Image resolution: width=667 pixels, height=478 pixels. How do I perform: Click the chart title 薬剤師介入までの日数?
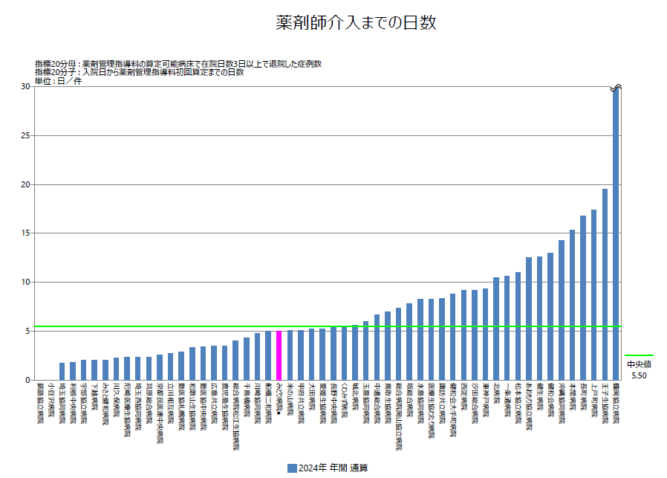coord(356,23)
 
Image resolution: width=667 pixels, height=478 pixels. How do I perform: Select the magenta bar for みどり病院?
coord(279,355)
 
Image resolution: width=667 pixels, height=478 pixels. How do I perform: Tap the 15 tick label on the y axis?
coord(25,233)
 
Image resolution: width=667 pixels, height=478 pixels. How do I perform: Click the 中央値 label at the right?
coord(638,364)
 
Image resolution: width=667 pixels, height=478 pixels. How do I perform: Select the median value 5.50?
coord(638,376)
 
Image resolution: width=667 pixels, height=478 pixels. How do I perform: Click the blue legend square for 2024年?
coord(291,468)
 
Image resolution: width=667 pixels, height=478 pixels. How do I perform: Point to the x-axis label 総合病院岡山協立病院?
coord(399,416)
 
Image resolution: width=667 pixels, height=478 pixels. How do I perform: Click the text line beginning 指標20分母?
coord(178,64)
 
